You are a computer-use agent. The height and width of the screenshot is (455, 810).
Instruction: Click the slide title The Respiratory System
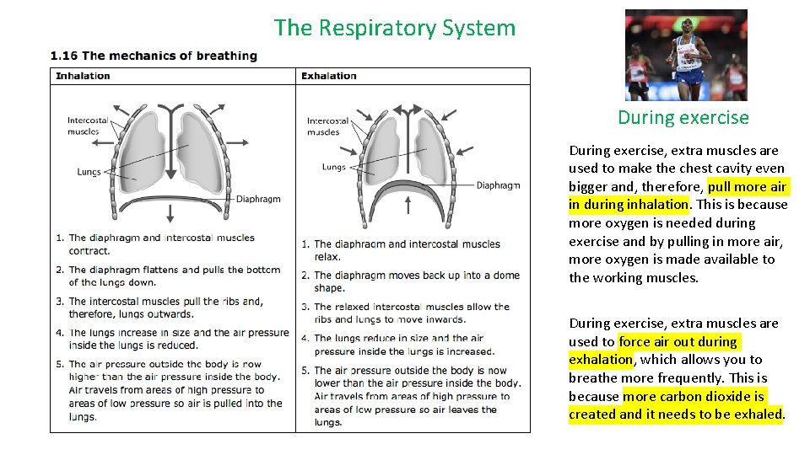click(x=394, y=28)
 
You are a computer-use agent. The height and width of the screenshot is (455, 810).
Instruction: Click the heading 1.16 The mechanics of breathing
click(x=154, y=56)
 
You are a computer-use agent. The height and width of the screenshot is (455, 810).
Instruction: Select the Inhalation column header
click(x=83, y=76)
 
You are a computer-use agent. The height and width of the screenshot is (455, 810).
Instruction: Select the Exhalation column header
click(x=329, y=76)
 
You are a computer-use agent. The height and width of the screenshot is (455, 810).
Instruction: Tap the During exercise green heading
click(x=683, y=117)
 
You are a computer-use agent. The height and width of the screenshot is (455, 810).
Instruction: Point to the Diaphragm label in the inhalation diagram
click(x=258, y=200)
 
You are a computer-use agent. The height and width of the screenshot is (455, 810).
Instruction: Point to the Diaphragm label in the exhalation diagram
click(x=498, y=185)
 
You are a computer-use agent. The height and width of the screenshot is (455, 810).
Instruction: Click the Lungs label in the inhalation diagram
click(x=89, y=172)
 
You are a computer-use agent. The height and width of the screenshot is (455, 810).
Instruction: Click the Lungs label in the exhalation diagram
click(x=334, y=167)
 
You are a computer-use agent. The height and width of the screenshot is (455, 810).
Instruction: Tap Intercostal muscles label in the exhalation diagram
click(x=327, y=126)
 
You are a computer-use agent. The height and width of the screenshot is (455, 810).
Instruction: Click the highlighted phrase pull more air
click(x=748, y=186)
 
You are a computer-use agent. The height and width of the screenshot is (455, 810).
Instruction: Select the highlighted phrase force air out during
click(x=678, y=341)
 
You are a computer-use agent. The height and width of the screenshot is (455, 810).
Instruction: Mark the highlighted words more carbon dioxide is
click(x=694, y=396)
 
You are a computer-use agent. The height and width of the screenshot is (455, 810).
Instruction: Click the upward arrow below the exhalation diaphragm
click(x=409, y=205)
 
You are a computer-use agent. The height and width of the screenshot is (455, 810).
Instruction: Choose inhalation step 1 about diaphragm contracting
click(x=160, y=244)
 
